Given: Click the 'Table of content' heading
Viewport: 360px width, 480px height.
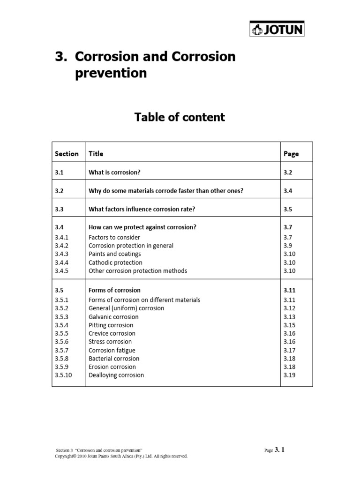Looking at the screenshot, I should click(x=180, y=117).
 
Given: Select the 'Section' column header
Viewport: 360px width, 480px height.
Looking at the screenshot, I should click(x=67, y=154).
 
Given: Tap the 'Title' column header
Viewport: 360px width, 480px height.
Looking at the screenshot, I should click(x=96, y=154).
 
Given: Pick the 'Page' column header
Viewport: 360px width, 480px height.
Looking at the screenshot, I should click(x=291, y=154).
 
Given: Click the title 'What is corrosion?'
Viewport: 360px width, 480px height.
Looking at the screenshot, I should click(x=114, y=172).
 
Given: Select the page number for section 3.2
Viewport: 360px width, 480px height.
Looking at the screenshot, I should click(x=288, y=191).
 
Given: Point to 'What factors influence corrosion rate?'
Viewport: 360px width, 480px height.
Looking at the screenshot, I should click(x=142, y=210).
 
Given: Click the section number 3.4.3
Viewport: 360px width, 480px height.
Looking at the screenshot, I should click(x=61, y=254).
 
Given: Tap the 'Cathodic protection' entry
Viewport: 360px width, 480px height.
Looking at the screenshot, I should click(x=115, y=262).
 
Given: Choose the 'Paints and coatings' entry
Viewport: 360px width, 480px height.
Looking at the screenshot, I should click(x=114, y=254).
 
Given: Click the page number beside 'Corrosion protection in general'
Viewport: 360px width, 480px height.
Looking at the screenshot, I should click(x=288, y=246).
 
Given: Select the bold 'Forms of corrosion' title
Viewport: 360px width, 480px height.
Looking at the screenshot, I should click(x=114, y=290).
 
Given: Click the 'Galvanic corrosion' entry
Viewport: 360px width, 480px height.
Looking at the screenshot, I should click(x=113, y=317).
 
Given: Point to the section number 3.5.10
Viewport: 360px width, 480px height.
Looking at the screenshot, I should click(x=63, y=375).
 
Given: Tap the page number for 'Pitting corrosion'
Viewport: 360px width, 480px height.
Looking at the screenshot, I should click(x=290, y=325).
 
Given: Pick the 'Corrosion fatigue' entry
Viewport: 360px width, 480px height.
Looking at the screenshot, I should click(x=112, y=350).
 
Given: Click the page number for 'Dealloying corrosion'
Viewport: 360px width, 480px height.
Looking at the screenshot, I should click(x=290, y=375).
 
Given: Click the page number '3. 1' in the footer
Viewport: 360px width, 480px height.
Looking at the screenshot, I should click(x=279, y=450).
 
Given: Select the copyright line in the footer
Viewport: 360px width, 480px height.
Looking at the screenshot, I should click(x=121, y=456).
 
